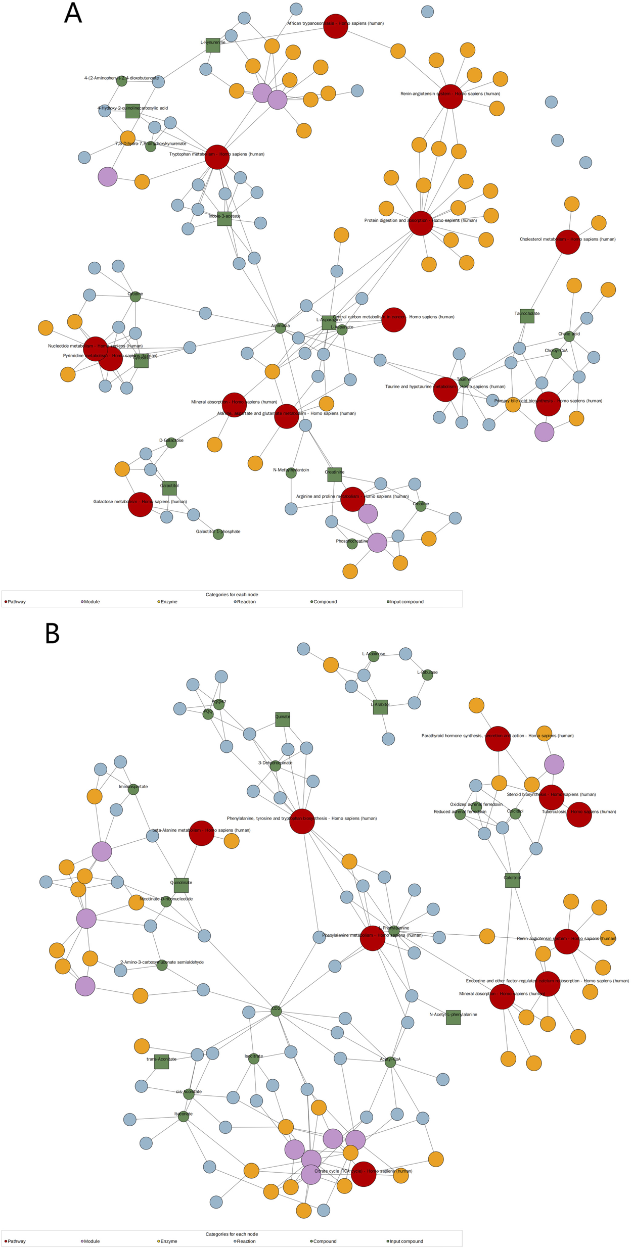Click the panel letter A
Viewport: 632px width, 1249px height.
coord(73,14)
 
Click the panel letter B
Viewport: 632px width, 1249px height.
coord(53,634)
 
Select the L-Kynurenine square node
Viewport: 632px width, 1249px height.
coord(213,45)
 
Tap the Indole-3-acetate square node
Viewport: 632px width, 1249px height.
coord(224,219)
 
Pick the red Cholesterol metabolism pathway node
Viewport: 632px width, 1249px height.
coord(568,242)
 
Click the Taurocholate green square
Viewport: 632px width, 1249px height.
coord(527,316)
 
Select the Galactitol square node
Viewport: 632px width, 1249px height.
coord(169,488)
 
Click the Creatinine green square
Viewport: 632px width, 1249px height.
coord(334,474)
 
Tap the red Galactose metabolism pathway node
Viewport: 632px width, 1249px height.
coord(140,504)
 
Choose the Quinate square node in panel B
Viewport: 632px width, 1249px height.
coord(283,719)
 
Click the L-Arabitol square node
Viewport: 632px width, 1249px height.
coord(380,707)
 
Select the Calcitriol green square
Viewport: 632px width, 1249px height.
coord(512,880)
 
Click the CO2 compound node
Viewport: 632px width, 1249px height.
coord(276,1011)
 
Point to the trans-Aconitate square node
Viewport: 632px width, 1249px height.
coord(161,1062)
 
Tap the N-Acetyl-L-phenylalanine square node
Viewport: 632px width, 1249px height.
coord(453,1018)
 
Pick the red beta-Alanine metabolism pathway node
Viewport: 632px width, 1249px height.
coord(201,833)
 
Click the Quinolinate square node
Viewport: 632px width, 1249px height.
coord(181,885)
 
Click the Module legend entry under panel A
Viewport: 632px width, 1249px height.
coord(91,602)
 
